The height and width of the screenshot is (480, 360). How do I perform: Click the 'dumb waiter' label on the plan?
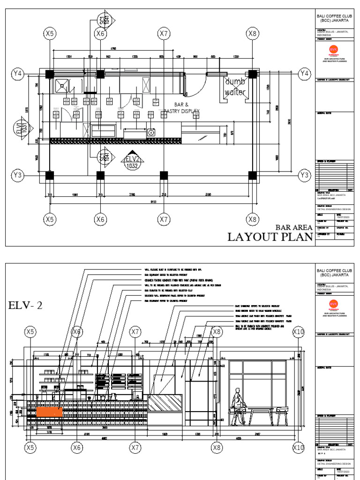[235, 87]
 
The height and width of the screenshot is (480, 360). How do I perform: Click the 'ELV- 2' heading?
[26, 306]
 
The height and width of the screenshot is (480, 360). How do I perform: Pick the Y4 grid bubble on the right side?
[305, 73]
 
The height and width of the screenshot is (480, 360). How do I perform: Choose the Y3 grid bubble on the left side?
[17, 175]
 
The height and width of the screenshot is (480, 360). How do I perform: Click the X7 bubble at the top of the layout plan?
[163, 33]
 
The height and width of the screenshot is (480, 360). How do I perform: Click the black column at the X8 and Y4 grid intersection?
[253, 74]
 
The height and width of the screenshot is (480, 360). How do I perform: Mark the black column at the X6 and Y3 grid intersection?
[100, 176]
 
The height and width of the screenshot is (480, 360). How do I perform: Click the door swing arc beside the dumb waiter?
[200, 83]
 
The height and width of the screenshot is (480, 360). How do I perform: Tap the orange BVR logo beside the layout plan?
[333, 50]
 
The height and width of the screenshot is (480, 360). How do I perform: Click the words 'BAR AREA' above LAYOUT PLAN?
[294, 227]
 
